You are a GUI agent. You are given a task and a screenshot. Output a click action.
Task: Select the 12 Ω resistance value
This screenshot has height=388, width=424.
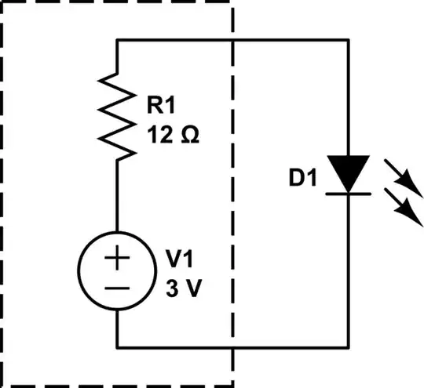[173, 133]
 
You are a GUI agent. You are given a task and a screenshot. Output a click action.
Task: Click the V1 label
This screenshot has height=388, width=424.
[180, 259]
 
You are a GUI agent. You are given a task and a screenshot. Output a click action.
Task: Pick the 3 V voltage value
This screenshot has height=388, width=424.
[184, 288]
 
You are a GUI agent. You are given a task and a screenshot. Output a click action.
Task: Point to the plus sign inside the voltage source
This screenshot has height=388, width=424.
[117, 259]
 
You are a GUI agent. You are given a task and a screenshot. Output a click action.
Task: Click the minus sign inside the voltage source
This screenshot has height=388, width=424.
[117, 288]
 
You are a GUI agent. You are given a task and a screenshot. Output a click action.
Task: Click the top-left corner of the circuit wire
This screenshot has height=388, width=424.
[117, 40]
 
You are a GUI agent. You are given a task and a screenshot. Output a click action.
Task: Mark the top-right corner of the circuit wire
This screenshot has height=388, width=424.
[348, 40]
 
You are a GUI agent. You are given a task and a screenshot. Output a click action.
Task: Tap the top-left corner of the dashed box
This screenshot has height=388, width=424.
[2, 2]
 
